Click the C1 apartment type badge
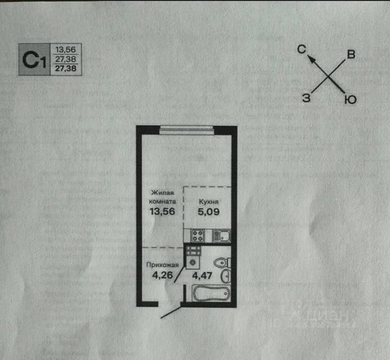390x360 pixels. tap(34, 60)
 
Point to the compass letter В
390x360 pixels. tap(350, 55)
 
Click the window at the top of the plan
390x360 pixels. tap(187, 130)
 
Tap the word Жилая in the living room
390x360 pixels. tap(162, 192)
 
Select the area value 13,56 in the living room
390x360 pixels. tap(162, 211)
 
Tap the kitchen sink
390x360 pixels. tap(220, 235)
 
